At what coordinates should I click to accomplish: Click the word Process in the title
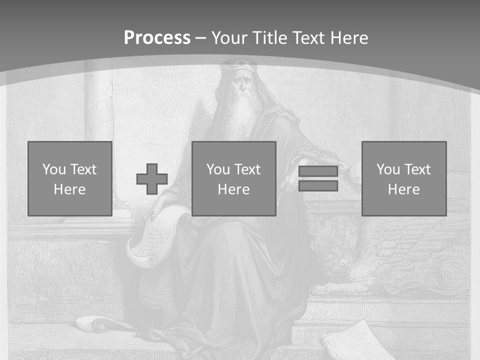tap(157, 38)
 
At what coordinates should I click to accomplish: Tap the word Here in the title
tap(349, 38)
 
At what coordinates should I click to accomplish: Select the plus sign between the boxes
tap(152, 179)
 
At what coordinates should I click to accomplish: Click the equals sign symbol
tap(318, 178)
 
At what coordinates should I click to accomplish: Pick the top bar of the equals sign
tap(318, 171)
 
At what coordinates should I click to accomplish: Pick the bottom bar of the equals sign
tap(318, 186)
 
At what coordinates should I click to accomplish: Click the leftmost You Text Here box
tap(70, 178)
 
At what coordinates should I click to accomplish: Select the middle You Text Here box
tap(234, 178)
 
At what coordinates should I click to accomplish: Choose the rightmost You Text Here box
tap(404, 178)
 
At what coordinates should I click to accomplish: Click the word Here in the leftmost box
tap(70, 189)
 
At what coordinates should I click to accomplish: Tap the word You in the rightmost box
tap(387, 169)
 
